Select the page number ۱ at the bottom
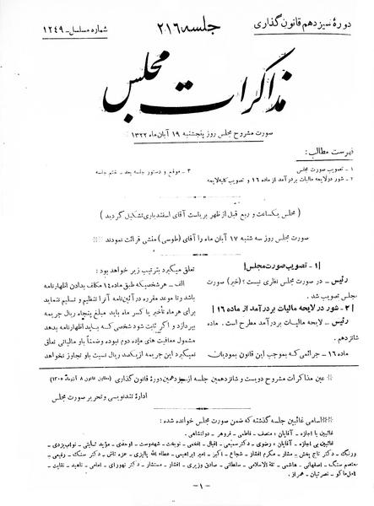click(187, 487)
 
